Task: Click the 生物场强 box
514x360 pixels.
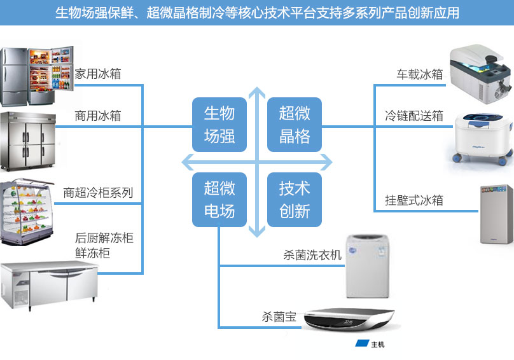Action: pos(219,125)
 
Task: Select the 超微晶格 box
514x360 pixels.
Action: pos(295,125)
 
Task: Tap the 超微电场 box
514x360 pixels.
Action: pos(219,200)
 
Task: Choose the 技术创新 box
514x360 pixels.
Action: pos(295,200)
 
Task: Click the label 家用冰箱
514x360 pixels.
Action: pos(98,74)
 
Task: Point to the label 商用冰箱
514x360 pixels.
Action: pos(98,116)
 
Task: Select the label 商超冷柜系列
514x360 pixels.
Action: pos(98,193)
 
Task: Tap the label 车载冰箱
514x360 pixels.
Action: pos(420,74)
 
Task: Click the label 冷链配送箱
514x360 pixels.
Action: pos(414,116)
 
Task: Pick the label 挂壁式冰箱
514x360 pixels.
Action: pos(414,200)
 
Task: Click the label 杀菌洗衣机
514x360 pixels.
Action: pos(312,255)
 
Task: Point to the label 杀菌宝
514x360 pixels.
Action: pos(279,317)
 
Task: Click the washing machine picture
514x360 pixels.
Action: pos(368,266)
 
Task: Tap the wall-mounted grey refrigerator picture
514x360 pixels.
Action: pos(497,214)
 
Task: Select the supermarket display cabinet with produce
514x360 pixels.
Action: pos(27,211)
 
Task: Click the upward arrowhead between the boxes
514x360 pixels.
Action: pos(257,93)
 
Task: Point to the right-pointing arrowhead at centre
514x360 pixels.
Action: pos(326,162)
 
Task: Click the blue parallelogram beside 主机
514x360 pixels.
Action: pos(362,343)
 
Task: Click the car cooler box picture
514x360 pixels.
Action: pos(480,74)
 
